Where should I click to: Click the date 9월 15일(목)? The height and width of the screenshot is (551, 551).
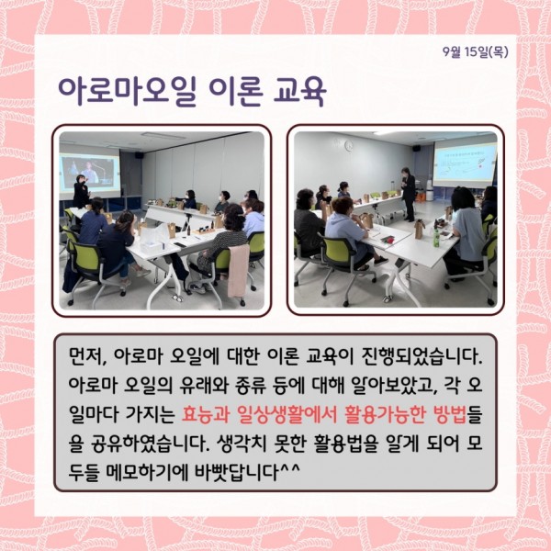(x=476, y=52)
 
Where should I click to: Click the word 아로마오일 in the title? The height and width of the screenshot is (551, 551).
(x=127, y=91)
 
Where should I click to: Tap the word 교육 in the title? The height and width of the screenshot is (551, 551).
(x=299, y=91)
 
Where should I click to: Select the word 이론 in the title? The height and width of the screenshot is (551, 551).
(x=235, y=91)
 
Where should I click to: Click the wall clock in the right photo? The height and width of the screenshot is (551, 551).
(x=349, y=145)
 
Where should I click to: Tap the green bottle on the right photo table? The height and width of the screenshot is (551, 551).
(x=436, y=238)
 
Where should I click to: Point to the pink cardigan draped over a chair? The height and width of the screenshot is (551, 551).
(x=239, y=271)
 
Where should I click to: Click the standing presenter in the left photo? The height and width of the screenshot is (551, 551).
(x=81, y=192)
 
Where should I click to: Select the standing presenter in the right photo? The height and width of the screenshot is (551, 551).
(x=408, y=194)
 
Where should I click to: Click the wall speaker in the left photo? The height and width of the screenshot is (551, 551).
(x=140, y=155)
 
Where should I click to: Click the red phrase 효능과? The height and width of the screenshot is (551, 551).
(x=205, y=415)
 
